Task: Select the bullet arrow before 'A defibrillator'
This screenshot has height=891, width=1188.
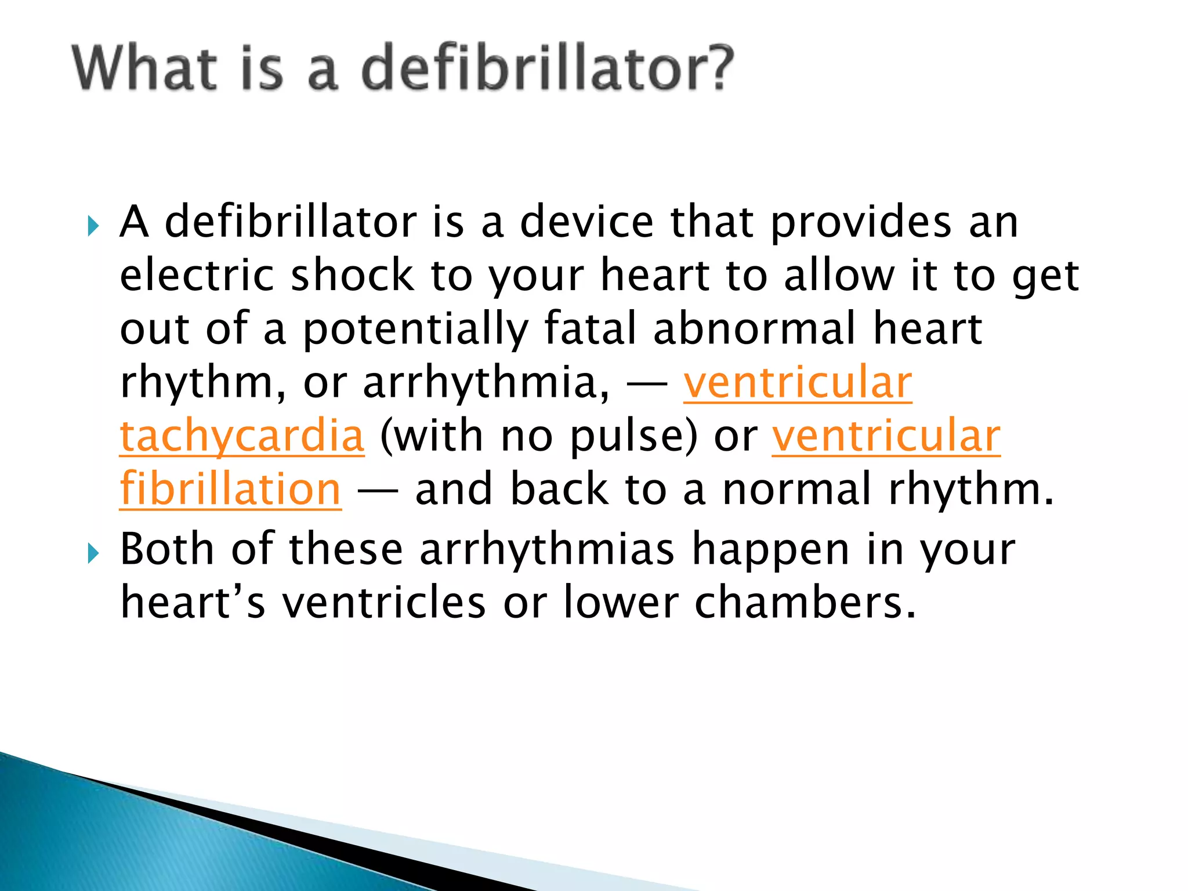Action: (93, 226)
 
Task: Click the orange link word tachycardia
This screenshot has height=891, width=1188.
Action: (242, 436)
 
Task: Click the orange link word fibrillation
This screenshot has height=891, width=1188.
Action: (230, 489)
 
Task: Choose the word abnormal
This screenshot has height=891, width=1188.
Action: (754, 328)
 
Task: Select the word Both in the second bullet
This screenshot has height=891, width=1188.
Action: (166, 549)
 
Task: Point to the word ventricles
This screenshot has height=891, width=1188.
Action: (383, 603)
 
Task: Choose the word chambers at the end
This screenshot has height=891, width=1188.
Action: (804, 603)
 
